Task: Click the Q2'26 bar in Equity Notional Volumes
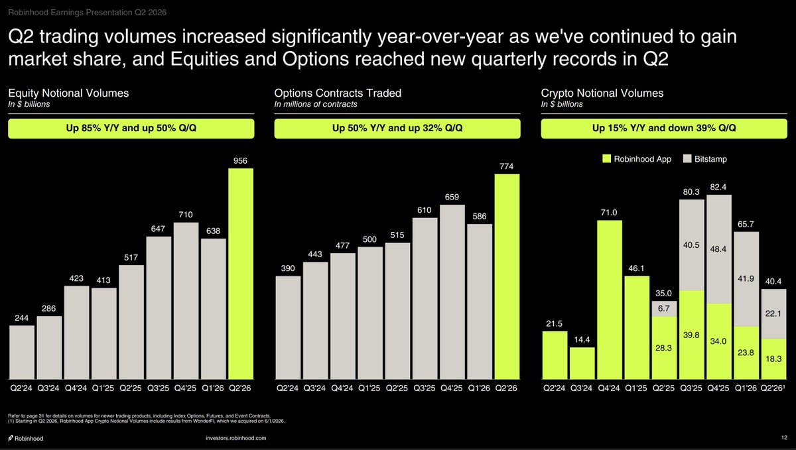pos(241,274)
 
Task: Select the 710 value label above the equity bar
pos(186,215)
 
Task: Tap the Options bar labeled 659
pos(452,292)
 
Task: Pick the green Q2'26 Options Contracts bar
pos(507,276)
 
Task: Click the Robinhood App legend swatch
pos(606,159)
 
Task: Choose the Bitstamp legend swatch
pos(687,159)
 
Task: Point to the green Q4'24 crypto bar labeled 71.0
pos(610,300)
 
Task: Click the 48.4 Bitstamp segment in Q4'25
pos(719,249)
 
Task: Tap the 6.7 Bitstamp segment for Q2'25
pos(664,309)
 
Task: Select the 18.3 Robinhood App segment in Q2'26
pos(773,359)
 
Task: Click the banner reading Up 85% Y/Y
pos(131,128)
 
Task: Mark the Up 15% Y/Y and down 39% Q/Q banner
pos(664,128)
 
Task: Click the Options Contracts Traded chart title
pos(338,93)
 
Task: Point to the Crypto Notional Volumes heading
pos(602,93)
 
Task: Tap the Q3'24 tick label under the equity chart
pos(48,388)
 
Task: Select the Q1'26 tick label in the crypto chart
pos(746,388)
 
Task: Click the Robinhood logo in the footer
pos(26,438)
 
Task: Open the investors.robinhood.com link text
pos(236,438)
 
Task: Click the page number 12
pos(784,437)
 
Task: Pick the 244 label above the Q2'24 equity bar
pos(21,317)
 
